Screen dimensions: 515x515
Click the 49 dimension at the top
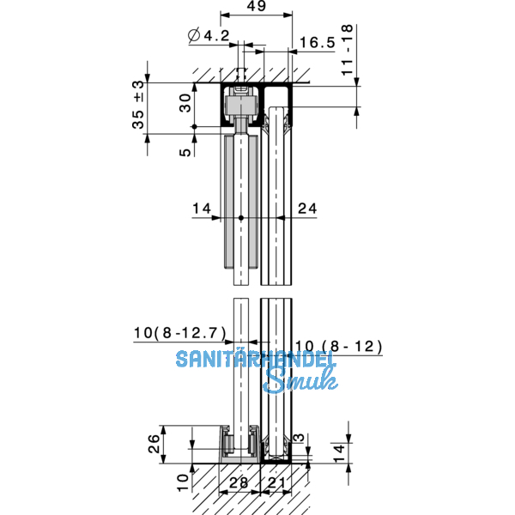(x=256, y=6)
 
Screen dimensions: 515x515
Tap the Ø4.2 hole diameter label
(x=209, y=35)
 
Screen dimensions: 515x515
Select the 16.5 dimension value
(x=318, y=43)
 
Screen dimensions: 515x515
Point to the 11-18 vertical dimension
(x=347, y=50)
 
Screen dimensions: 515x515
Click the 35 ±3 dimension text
(x=138, y=105)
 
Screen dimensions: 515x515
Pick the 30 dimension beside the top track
(x=185, y=103)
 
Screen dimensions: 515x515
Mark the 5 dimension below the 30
(x=185, y=152)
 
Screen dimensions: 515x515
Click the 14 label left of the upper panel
(x=202, y=209)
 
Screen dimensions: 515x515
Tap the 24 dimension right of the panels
(x=307, y=209)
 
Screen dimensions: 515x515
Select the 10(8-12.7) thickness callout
(x=180, y=333)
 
